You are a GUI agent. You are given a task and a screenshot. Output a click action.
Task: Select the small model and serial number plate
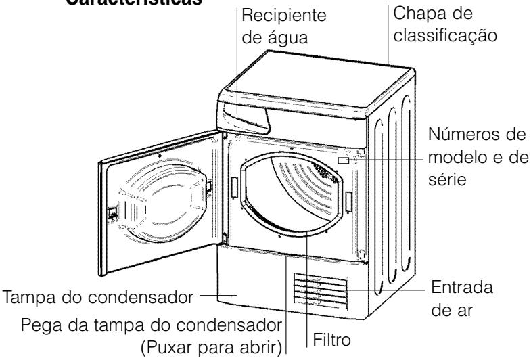[344, 161]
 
